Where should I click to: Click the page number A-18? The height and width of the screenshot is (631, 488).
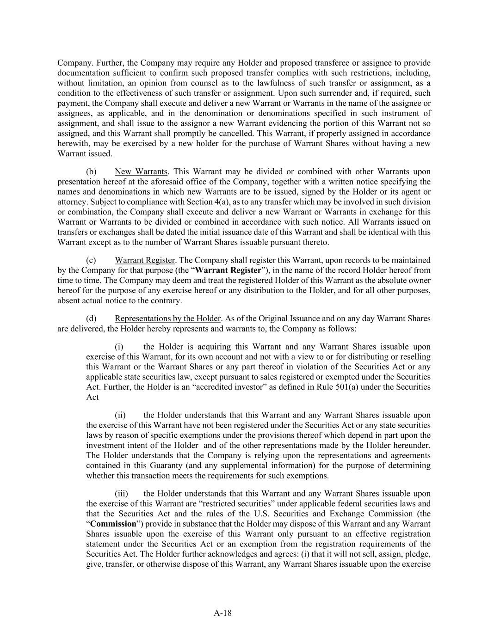click(x=222, y=613)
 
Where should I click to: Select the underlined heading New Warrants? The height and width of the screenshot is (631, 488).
click(x=141, y=172)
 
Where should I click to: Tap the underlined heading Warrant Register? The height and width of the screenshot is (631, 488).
click(x=145, y=260)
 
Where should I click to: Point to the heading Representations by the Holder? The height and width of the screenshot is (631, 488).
click(x=167, y=319)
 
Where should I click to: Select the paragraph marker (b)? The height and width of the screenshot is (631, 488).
click(x=91, y=172)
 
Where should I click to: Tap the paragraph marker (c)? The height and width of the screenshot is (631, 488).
click(x=91, y=260)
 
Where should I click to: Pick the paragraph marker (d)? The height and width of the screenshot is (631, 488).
click(x=91, y=319)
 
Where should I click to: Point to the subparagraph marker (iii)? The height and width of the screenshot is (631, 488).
click(x=121, y=494)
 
